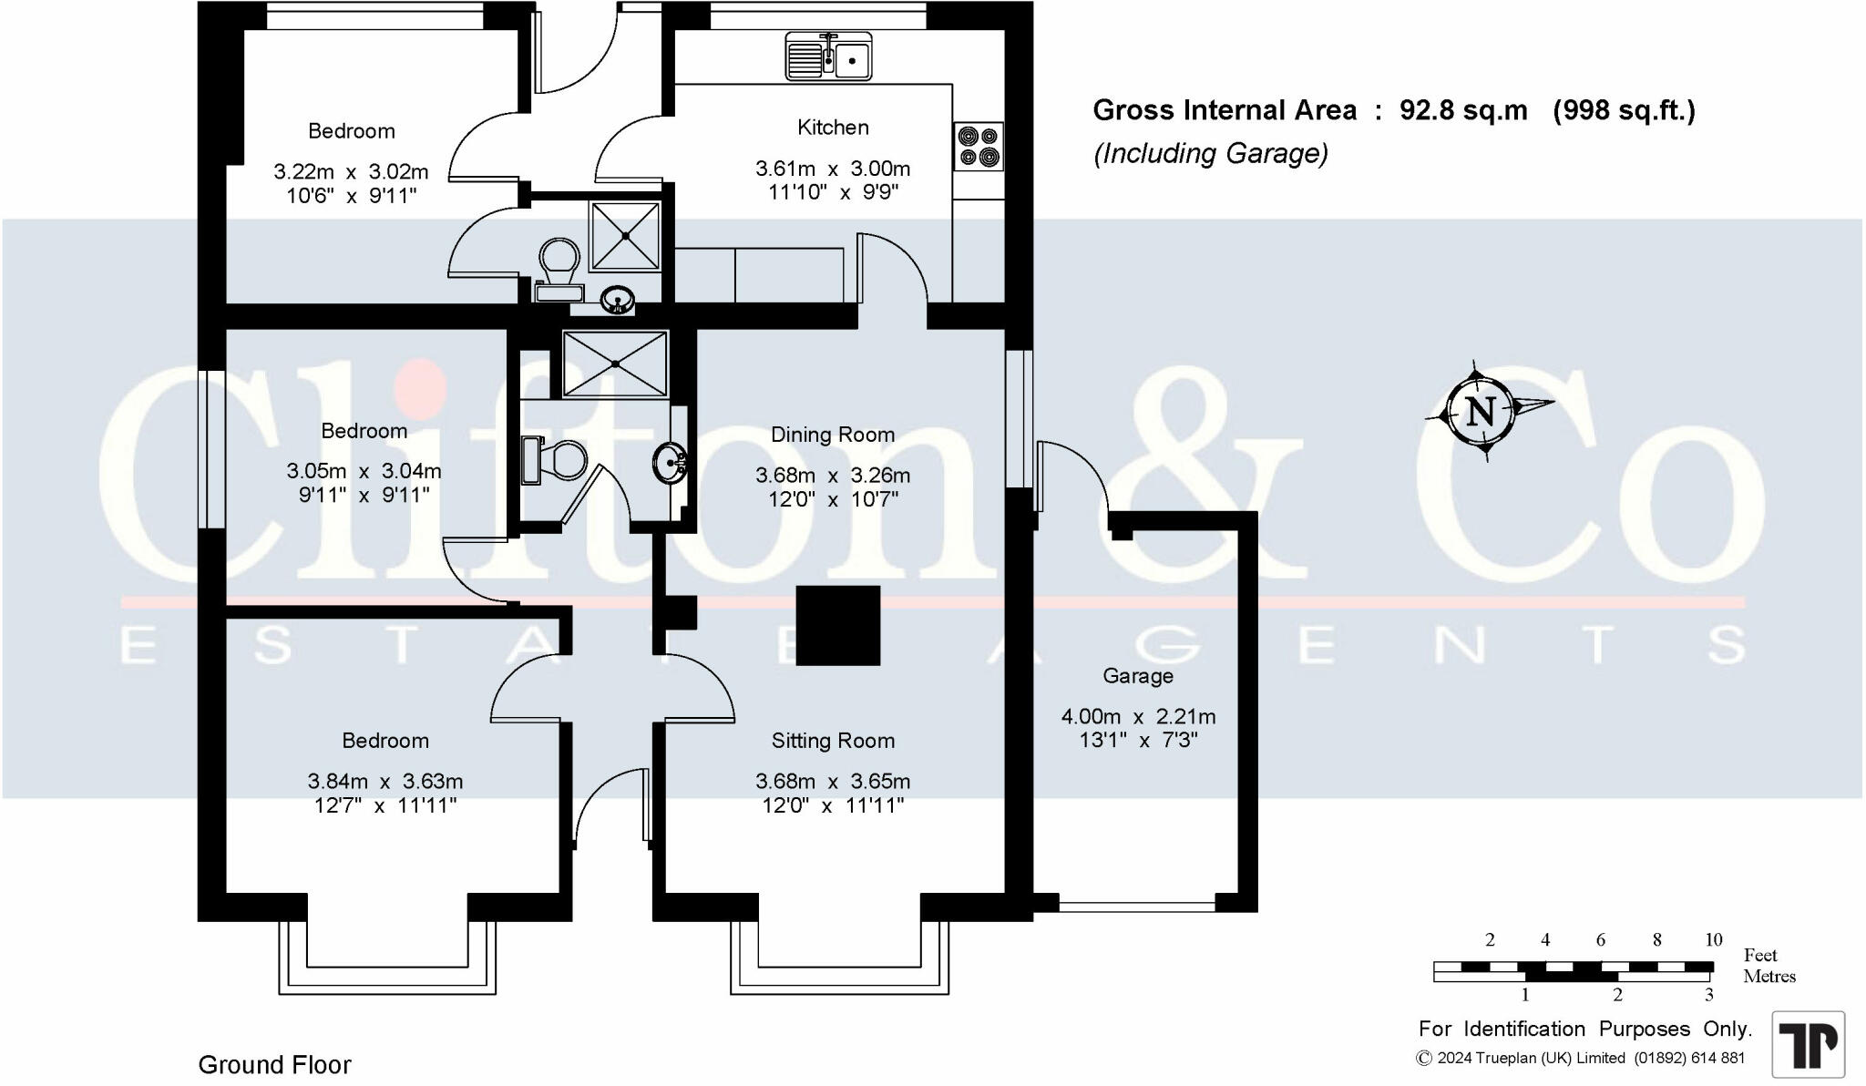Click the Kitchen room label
(833, 128)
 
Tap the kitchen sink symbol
(828, 56)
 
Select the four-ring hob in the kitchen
(979, 147)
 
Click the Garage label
(1138, 676)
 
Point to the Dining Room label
(833, 435)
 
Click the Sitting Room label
(833, 741)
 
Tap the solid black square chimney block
(838, 626)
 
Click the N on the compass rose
(1481, 412)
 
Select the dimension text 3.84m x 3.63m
(385, 781)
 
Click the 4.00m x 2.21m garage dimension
(1138, 716)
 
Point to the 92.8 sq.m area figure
(1463, 110)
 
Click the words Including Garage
(1211, 153)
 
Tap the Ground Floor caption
(274, 1064)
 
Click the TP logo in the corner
(1808, 1044)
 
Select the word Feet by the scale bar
(1760, 955)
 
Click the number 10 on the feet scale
(1713, 939)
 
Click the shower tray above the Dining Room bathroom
(616, 364)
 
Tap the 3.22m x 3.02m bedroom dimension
(351, 171)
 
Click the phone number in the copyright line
(1689, 1058)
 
